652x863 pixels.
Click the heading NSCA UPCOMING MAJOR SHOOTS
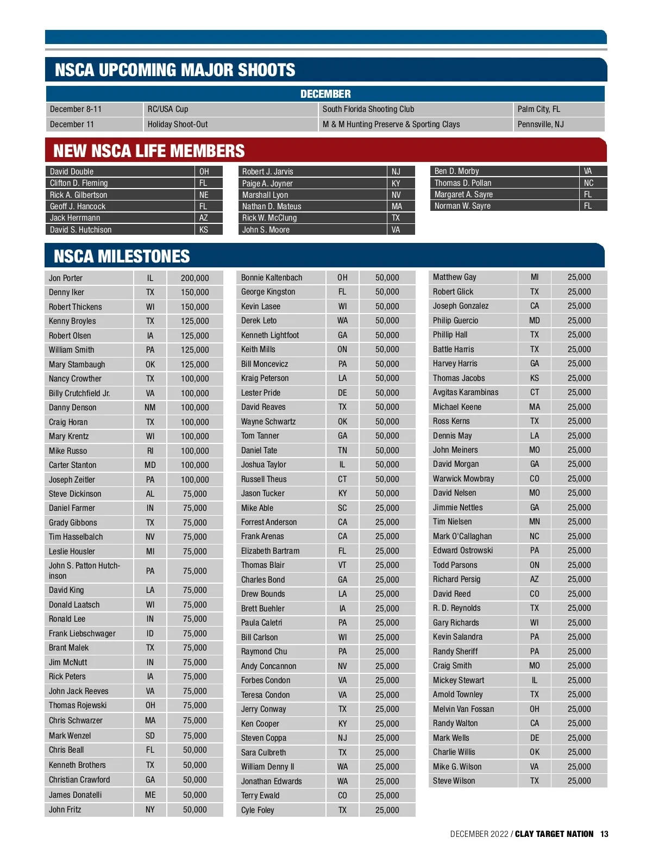[175, 70]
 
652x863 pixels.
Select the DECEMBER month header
[325, 94]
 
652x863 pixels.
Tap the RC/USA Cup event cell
[168, 109]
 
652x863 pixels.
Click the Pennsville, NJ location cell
[541, 124]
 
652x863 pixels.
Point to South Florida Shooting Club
[368, 109]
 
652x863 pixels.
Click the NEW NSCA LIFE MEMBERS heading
[149, 151]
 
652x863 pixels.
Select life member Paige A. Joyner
[267, 184]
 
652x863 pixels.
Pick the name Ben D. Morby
[456, 171]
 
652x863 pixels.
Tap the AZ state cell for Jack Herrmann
[204, 218]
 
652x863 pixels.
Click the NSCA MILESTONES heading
[122, 257]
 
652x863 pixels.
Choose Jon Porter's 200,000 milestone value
[195, 278]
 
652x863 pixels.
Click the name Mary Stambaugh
[77, 365]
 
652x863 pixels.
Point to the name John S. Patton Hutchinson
[84, 571]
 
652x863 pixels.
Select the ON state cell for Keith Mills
[342, 349]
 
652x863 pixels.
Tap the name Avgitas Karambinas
[465, 392]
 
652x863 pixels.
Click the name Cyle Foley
[258, 810]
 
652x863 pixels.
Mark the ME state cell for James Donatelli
[150, 795]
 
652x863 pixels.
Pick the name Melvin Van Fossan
[463, 709]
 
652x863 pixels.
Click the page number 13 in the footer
[604, 834]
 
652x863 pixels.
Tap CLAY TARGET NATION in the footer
[554, 834]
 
